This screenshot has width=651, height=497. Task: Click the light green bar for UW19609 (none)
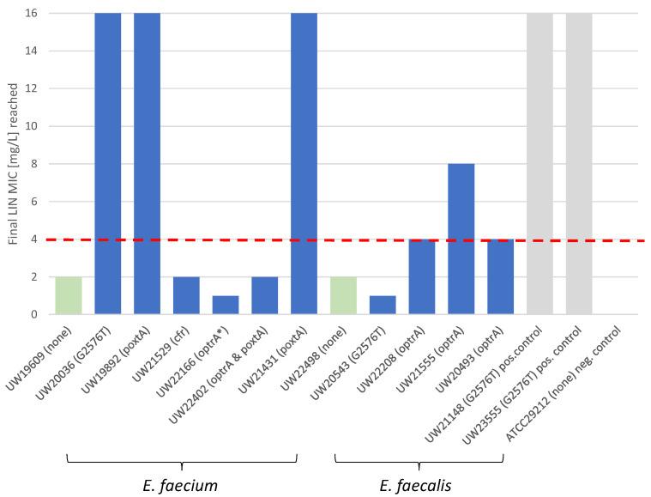pos(68,295)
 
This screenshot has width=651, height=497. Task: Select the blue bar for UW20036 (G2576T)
pos(107,163)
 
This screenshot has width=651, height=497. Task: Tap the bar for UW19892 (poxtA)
pos(147,163)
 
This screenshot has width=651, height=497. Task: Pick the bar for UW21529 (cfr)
pos(186,295)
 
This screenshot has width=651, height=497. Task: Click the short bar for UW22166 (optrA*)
pos(226,305)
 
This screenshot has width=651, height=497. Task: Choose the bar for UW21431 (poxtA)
pos(304,163)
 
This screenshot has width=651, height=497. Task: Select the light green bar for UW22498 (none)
pos(343,295)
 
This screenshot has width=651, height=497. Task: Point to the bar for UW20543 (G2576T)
pos(383,305)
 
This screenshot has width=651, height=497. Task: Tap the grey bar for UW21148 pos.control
pos(539,163)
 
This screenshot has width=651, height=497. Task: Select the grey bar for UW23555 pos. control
pos(579,163)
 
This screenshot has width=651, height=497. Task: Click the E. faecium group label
pos(181,485)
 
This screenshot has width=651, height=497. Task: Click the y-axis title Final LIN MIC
pos(14,163)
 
